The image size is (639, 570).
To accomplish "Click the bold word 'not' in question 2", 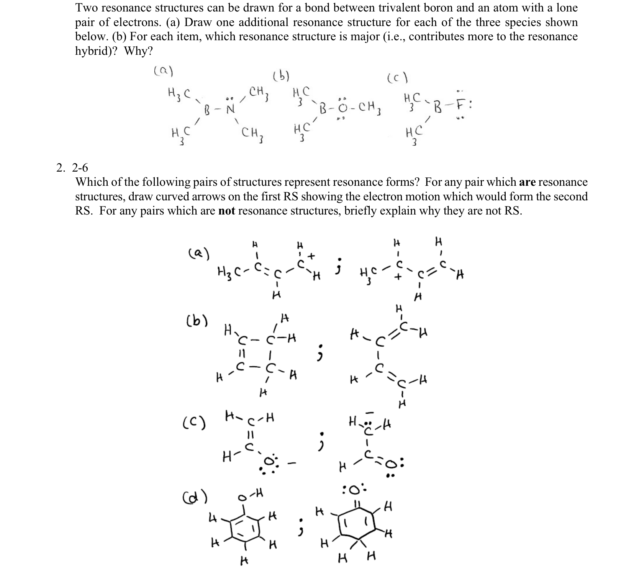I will click(226, 211).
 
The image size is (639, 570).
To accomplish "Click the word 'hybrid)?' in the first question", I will click(97, 51).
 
